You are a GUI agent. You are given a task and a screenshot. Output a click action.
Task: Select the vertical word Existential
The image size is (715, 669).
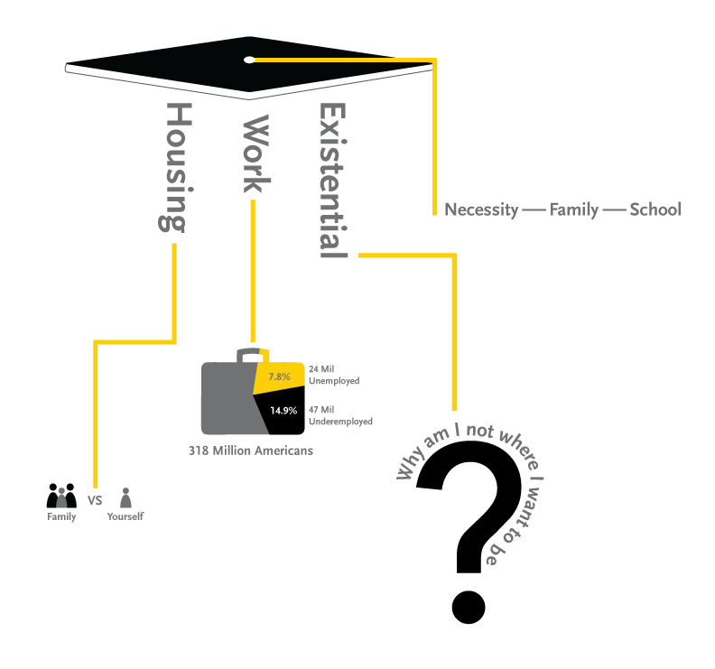coord(333,181)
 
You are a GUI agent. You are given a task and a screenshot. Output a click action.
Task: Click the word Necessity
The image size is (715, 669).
coord(481,210)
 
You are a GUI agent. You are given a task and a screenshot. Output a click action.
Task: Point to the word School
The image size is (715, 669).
coord(655,210)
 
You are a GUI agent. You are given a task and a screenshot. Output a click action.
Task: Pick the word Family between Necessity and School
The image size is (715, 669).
coord(574,210)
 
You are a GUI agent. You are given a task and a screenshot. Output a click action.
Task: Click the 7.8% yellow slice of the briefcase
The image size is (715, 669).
coord(278,376)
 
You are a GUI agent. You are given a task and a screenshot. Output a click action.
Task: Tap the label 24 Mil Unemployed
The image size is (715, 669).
coord(333,375)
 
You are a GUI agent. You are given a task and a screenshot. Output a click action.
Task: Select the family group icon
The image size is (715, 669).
coord(61,496)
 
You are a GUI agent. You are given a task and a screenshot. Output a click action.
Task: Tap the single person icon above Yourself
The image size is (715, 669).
coord(125,497)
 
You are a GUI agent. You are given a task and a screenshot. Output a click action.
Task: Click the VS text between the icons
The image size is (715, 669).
coord(94,499)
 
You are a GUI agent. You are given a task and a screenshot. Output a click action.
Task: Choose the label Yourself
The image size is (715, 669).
coord(125,517)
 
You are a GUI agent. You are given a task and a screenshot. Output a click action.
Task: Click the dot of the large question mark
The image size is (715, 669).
coord(470,607)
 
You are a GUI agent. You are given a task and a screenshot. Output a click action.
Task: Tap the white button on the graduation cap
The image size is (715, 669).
coord(249,60)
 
